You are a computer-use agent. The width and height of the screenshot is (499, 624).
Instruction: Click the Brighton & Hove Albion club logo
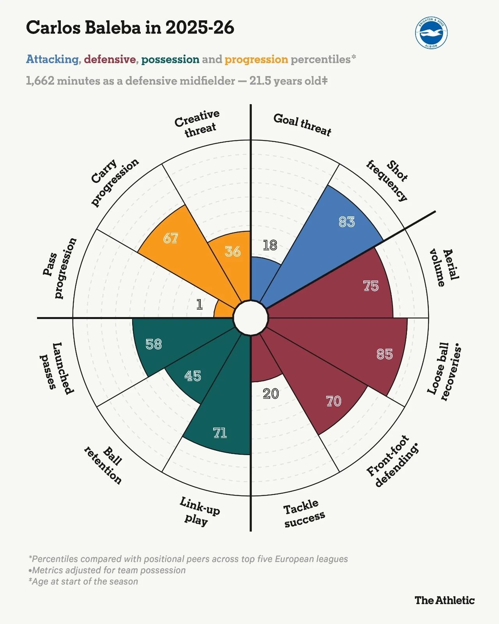(x=431, y=33)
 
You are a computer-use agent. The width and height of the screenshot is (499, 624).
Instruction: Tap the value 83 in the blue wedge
(x=347, y=222)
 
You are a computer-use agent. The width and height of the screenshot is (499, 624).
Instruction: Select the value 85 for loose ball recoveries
(x=384, y=354)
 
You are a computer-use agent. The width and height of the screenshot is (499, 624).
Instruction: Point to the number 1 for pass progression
(x=200, y=305)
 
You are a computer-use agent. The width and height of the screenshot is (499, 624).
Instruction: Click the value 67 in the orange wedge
(x=170, y=238)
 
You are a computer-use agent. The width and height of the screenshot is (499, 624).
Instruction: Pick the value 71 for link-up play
(x=220, y=433)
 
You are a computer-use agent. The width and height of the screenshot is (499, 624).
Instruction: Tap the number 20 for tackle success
(x=271, y=394)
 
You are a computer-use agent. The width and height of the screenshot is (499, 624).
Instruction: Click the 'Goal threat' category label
(x=302, y=125)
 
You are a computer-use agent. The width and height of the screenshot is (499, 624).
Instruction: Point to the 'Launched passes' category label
(x=57, y=369)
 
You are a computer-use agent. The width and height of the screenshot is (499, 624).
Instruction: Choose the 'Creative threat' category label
(x=197, y=123)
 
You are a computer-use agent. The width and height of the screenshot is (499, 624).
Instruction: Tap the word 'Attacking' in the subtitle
(x=52, y=59)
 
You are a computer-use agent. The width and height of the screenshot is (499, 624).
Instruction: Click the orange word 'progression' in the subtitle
(x=256, y=59)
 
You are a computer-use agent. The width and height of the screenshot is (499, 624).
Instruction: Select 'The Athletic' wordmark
(x=444, y=600)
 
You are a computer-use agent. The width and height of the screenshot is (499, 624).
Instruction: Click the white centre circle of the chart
(x=251, y=318)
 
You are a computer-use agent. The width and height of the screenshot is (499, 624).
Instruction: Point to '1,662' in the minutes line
(x=40, y=81)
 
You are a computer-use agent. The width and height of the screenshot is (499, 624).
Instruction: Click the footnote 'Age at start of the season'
(x=83, y=581)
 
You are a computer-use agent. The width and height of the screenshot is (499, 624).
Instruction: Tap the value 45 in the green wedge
(x=193, y=376)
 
